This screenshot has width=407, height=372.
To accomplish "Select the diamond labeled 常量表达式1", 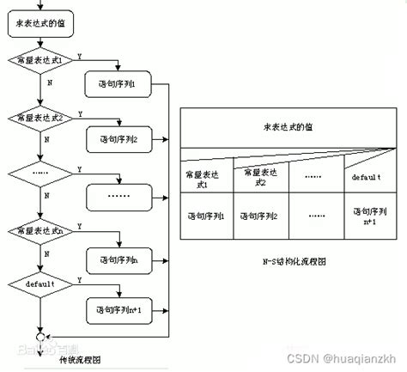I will click(41, 62).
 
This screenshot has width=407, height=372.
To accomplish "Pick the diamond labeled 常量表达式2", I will click(41, 117).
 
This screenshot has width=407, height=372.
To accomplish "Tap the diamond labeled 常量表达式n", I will click(41, 231).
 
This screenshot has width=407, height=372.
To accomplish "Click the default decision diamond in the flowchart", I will click(41, 284).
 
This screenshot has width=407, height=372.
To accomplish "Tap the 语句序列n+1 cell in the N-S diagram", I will click(367, 214).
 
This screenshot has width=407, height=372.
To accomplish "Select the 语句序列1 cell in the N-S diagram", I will click(207, 214).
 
